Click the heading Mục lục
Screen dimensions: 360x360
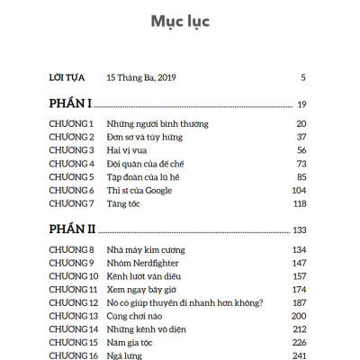[180, 21]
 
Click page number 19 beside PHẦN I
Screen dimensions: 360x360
[302, 105]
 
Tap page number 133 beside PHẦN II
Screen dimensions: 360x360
[300, 229]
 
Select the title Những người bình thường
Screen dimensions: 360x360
[149, 122]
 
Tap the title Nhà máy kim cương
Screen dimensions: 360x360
[146, 248]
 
